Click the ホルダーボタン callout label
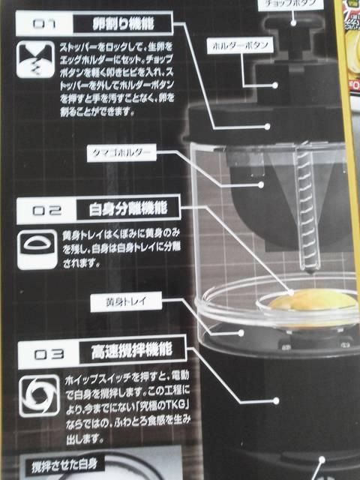click(242, 46)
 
